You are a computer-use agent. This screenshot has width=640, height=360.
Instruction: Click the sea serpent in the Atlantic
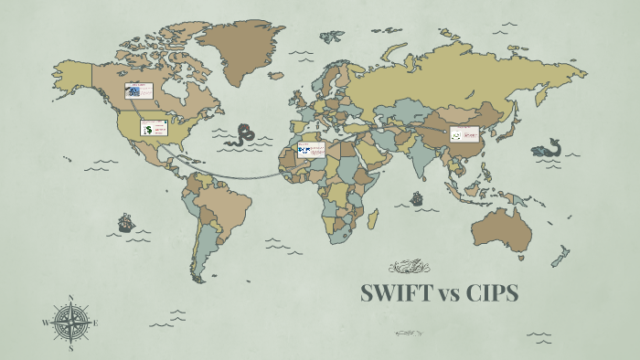tap(243, 135)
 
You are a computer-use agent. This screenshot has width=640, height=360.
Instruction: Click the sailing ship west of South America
tap(125, 222)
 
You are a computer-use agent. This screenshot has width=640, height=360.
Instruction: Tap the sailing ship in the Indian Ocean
tap(417, 196)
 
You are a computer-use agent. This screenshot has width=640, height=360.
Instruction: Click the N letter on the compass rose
tap(70, 298)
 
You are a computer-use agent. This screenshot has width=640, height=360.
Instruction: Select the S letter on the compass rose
tap(70, 347)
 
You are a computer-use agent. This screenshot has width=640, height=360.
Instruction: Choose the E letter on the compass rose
tap(95, 323)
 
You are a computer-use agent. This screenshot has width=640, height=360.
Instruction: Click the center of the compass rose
tap(70, 323)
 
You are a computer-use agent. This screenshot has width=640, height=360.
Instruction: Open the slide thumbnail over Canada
tap(138, 90)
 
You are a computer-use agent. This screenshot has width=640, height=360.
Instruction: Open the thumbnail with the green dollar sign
tap(154, 128)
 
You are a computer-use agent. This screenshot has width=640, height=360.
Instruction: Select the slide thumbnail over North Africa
tap(311, 150)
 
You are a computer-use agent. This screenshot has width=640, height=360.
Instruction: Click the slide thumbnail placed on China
tap(464, 135)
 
